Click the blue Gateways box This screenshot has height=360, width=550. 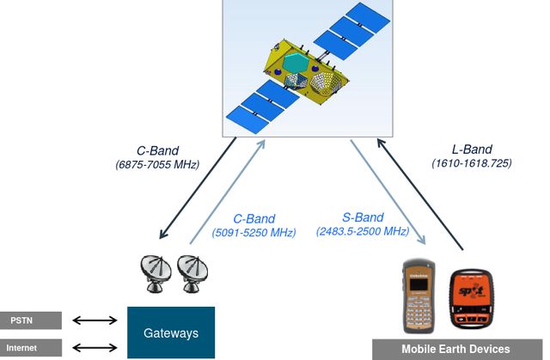coord(170,333)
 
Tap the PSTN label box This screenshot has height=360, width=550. coord(31,320)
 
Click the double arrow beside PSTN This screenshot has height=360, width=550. coord(95,321)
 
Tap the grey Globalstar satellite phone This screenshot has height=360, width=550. coord(419,297)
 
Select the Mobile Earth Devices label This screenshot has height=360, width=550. coord(455,349)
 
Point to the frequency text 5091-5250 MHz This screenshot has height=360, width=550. coord(254,232)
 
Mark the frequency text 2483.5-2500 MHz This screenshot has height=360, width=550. coord(362,232)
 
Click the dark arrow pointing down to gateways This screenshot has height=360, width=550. coord(199,188)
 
